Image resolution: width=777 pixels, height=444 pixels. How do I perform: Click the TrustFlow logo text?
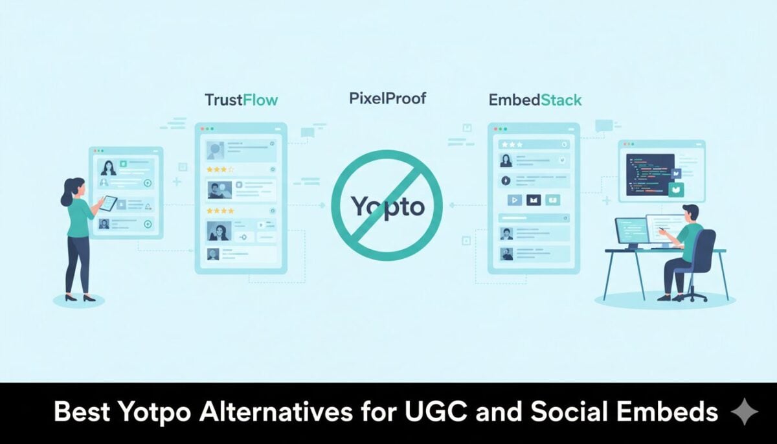pos(242,100)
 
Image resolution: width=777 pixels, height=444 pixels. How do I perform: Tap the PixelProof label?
pos(387,98)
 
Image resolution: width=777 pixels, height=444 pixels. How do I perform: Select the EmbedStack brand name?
pos(535,100)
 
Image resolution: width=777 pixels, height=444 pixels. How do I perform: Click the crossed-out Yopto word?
pos(387,207)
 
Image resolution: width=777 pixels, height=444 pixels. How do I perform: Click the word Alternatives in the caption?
pos(275,412)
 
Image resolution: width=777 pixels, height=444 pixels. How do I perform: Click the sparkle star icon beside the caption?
pos(745,412)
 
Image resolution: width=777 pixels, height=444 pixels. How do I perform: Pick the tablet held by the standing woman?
pos(109,203)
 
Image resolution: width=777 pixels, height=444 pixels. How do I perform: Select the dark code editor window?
pos(650,175)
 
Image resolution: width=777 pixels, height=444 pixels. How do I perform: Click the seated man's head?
pos(690,214)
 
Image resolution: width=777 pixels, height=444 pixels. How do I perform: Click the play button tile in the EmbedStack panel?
pos(515,200)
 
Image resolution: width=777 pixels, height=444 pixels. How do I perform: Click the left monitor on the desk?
pos(632,232)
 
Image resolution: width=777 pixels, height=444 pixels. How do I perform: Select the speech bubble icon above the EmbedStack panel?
pos(604,126)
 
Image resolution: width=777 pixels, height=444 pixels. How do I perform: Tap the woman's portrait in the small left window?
pos(108,168)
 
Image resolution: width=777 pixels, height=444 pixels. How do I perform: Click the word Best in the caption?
pos(82,412)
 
